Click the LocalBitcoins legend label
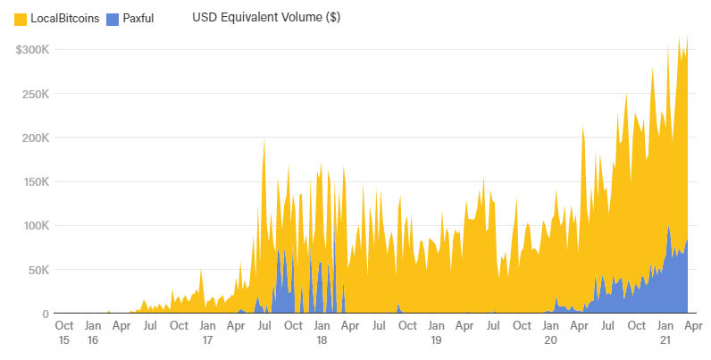(64, 18)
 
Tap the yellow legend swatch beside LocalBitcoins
(21, 18)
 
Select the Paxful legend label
(138, 18)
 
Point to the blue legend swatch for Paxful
(113, 18)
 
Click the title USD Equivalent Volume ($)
(265, 17)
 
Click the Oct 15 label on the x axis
(64, 333)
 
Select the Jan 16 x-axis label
(93, 333)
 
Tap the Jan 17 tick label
(207, 333)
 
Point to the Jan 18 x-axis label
(322, 333)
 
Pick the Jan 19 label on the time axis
(436, 333)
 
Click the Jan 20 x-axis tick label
(550, 333)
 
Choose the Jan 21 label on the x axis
(665, 333)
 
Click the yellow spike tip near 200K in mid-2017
(263, 139)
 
